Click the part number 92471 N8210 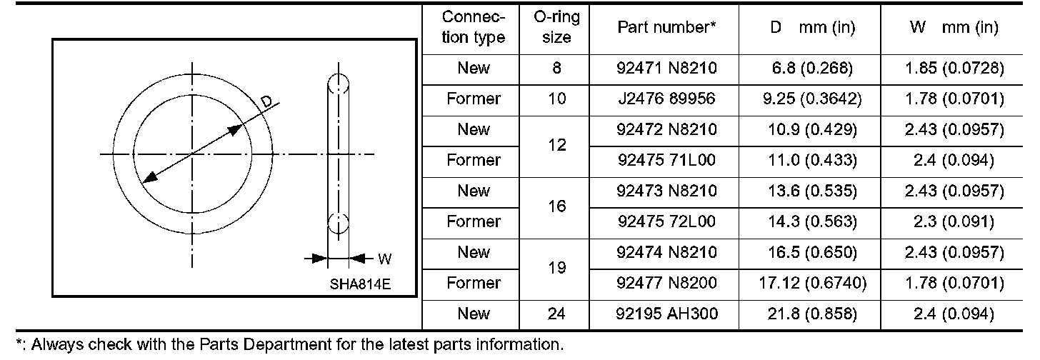666,69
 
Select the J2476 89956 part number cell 666,99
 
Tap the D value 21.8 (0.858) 808,314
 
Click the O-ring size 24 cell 556,314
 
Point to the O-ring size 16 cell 556,206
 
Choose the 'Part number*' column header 666,28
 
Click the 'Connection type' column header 474,28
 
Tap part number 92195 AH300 666,314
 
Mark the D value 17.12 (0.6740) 808,283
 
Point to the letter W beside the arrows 384,259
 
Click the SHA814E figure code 360,284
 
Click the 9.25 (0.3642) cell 808,99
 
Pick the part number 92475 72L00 666,221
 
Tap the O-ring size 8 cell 556,69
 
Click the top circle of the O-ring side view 337,84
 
